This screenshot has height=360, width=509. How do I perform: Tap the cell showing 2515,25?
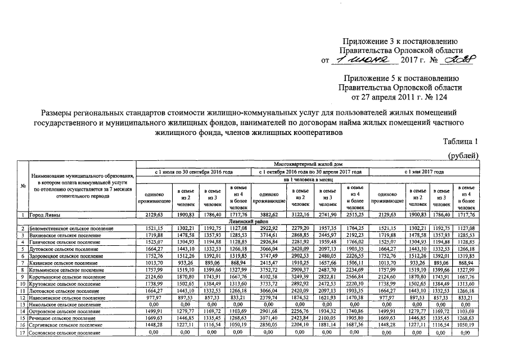[x=356, y=215]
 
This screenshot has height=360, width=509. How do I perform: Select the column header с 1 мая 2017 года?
[x=425, y=172]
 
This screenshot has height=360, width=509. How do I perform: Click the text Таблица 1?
[x=460, y=142]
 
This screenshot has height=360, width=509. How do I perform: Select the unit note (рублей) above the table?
[x=462, y=155]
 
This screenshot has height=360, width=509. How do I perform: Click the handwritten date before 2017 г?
[x=364, y=60]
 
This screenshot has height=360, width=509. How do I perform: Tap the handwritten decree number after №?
[x=459, y=60]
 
